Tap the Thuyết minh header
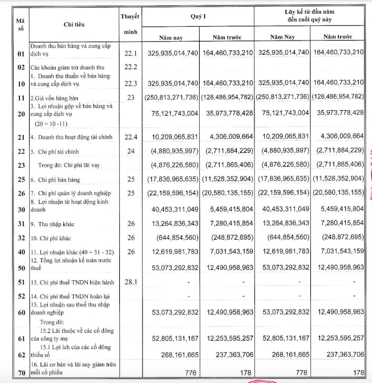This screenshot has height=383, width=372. pyautogui.click(x=130, y=22)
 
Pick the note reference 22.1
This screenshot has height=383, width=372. pyautogui.click(x=131, y=53)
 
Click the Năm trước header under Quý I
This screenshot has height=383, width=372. pyautogui.click(x=227, y=38)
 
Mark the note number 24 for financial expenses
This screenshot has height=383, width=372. pyautogui.click(x=131, y=151)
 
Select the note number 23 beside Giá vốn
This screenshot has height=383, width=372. pyautogui.click(x=131, y=98)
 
